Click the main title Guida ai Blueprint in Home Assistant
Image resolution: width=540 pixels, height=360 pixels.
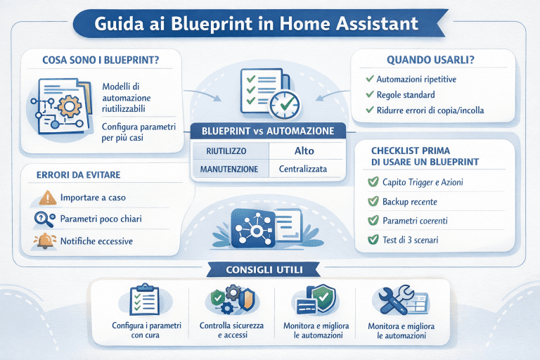click(269, 23)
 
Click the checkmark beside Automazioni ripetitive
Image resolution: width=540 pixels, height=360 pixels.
click(369, 79)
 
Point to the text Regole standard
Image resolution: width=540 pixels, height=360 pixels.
click(406, 95)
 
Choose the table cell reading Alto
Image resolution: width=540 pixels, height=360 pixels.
click(304, 150)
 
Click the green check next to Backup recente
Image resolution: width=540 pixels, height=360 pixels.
click(373, 202)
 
